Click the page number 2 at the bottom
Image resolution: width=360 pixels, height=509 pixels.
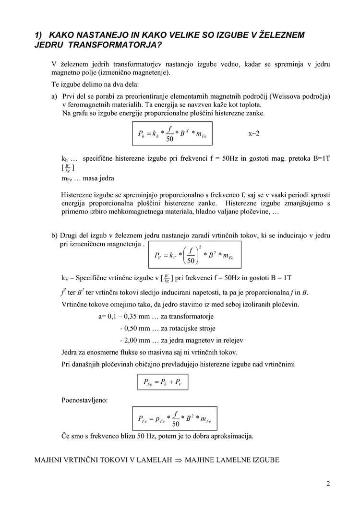[328, 484]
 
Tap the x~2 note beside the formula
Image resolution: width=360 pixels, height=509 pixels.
[254, 133]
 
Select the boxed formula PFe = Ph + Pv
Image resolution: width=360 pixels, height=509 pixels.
[160, 382]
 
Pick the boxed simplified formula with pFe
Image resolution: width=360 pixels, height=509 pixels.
[175, 419]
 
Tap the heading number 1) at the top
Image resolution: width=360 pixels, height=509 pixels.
[39, 35]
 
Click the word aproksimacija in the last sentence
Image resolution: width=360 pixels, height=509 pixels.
[228, 436]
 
